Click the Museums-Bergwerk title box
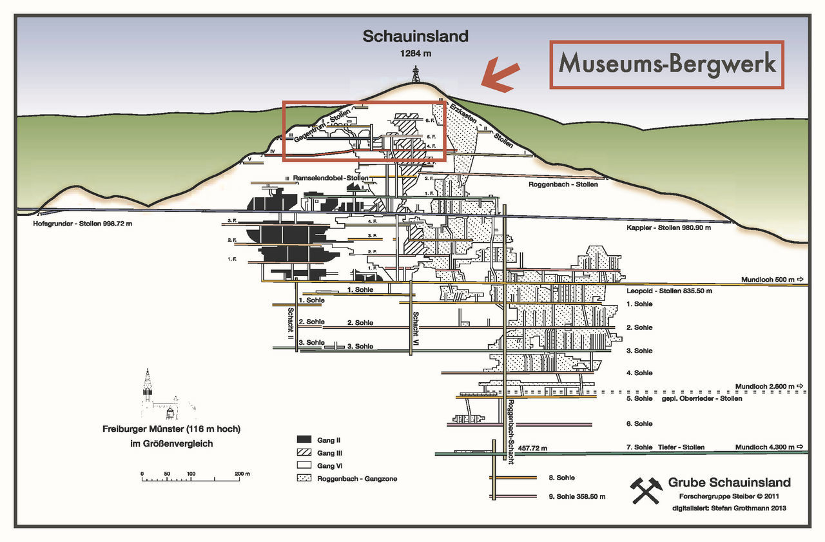(x=666, y=64)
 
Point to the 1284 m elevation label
(x=415, y=53)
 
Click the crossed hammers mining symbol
(x=646, y=490)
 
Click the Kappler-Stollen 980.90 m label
(x=668, y=227)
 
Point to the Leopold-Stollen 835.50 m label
(x=669, y=291)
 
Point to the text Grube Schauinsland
(x=729, y=483)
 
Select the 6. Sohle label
(x=639, y=424)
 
